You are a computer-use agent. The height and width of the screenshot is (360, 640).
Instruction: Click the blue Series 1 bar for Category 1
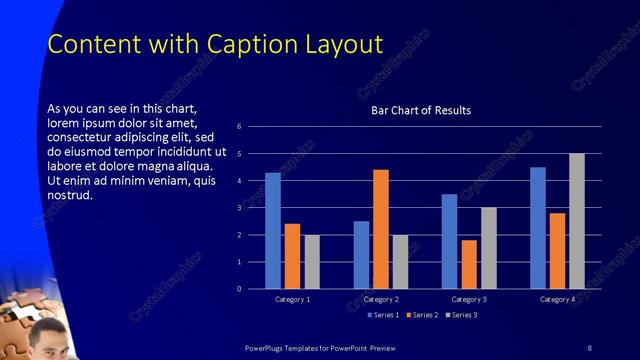[x=273, y=230]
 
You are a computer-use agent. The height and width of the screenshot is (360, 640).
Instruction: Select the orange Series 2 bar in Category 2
[x=381, y=229]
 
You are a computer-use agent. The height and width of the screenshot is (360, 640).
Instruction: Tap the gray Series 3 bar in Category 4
[x=577, y=221]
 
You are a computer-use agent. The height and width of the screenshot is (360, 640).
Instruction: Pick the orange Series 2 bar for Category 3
[x=469, y=264]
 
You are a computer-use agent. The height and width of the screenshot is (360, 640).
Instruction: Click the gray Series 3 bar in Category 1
[x=312, y=262]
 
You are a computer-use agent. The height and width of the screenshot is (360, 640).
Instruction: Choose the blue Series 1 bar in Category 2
[x=361, y=255]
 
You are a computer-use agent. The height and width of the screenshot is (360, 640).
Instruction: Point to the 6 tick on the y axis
[x=240, y=127]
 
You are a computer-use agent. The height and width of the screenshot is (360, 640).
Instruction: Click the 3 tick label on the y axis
[x=240, y=208]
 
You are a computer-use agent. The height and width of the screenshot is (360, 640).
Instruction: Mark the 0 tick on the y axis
[x=240, y=289]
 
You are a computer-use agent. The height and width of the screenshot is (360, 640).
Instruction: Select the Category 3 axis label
[x=469, y=299]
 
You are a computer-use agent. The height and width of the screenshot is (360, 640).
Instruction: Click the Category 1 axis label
[x=293, y=299]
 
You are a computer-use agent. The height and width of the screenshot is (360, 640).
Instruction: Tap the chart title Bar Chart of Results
[x=421, y=110]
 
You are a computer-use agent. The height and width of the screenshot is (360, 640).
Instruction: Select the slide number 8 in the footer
[x=589, y=347]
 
